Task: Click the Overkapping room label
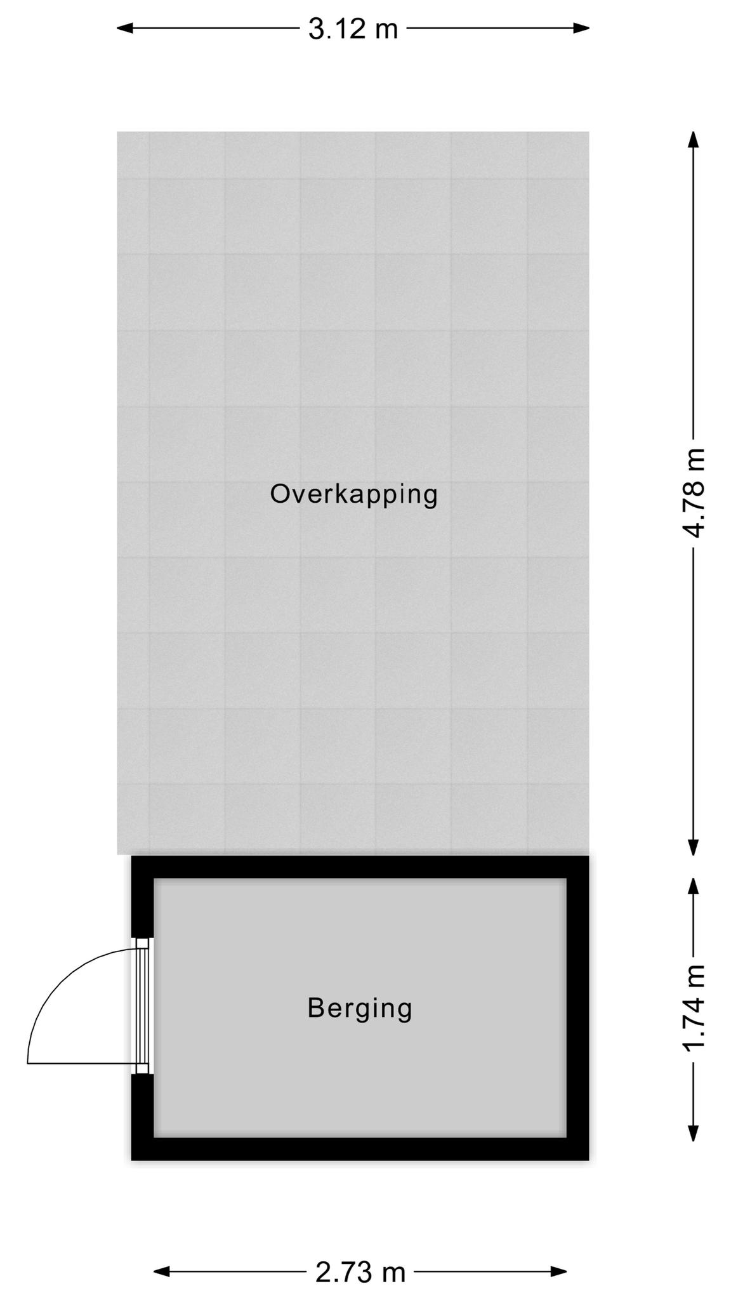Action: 353,495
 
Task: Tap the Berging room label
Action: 360,1008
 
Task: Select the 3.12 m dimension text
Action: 353,29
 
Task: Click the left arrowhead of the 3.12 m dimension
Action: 125,28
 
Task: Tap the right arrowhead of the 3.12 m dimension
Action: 581,28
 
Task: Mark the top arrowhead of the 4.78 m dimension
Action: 694,140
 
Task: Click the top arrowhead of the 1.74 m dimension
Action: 694,887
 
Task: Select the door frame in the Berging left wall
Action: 143,1006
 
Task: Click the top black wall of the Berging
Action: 360,867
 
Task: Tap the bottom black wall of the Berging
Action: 360,1149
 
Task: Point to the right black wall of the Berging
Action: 578,1008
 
